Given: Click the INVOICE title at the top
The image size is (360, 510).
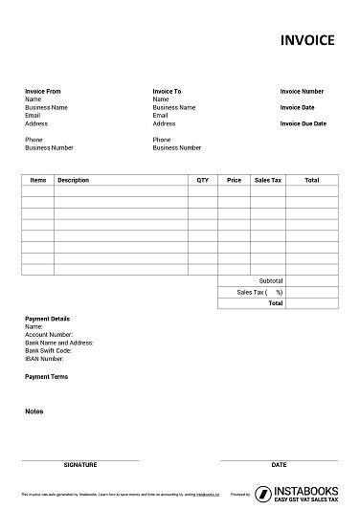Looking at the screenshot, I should point(306,40).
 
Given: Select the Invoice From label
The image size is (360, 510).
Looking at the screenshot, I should point(43,91).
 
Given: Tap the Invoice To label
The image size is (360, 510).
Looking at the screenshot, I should point(168,91).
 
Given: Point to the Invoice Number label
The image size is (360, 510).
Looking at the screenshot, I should point(302,91).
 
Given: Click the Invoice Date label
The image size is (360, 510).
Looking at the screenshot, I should point(297,107).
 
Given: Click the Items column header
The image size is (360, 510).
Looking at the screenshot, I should point(38,180).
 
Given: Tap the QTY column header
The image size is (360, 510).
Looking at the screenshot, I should point(202,180).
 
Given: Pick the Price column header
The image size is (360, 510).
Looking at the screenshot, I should point(234,180).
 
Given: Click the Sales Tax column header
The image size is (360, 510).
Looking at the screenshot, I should point(267,180).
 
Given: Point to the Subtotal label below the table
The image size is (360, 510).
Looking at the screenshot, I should point(271,280).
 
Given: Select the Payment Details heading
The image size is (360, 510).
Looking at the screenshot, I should point(47,319).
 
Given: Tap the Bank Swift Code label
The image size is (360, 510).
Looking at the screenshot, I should point(48,349).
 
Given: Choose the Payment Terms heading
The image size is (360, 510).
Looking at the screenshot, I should point(46,376).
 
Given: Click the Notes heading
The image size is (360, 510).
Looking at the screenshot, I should point(34,411).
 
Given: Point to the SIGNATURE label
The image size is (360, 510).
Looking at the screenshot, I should point(79,464).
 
